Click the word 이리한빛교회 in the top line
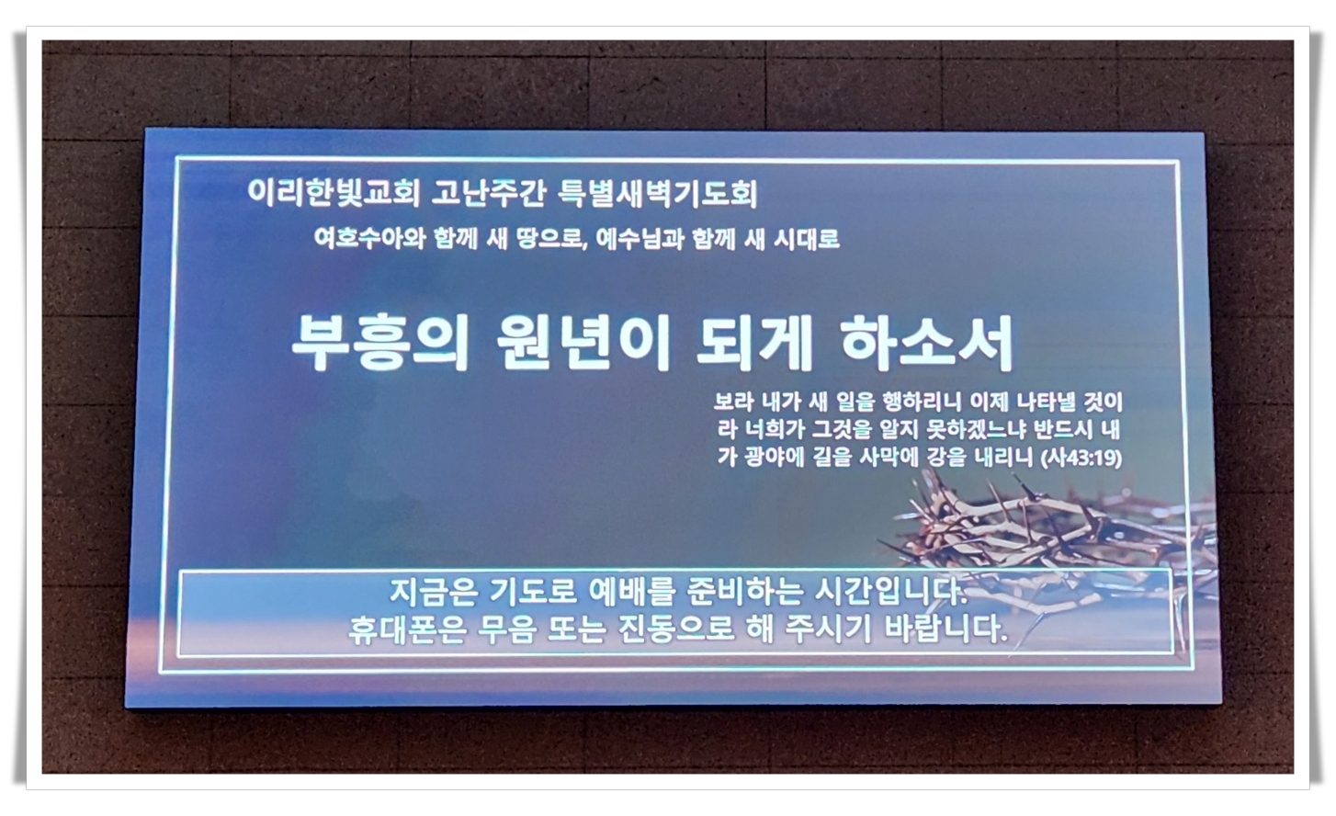point(334,193)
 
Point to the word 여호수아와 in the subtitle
point(369,239)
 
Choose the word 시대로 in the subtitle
point(807,239)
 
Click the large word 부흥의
point(379,345)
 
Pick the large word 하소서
point(926,345)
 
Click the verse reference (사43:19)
point(1081,458)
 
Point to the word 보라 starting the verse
point(733,402)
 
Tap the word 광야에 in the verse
point(776,458)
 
